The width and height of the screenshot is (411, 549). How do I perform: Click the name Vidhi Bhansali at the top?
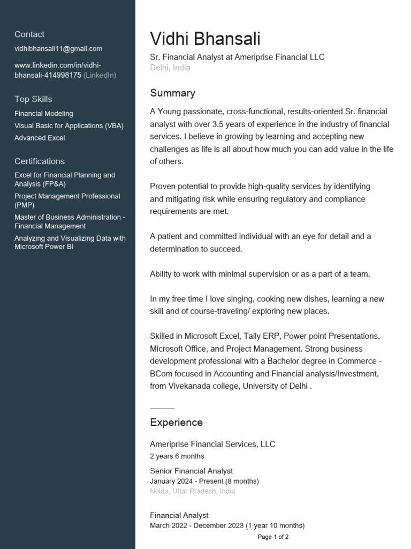pyautogui.click(x=205, y=39)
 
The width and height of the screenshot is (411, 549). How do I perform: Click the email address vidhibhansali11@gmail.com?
pyautogui.click(x=58, y=49)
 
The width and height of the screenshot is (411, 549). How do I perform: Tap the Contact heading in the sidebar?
pyautogui.click(x=29, y=34)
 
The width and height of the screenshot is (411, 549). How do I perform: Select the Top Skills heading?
pyautogui.click(x=33, y=99)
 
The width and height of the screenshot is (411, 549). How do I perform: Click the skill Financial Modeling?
pyautogui.click(x=44, y=114)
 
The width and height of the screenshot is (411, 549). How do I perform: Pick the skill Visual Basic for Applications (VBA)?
pyautogui.click(x=69, y=126)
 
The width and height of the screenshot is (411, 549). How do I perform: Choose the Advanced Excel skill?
pyautogui.click(x=40, y=138)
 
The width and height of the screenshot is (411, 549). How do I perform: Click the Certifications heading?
pyautogui.click(x=40, y=161)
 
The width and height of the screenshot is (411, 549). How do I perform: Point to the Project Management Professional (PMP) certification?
pyautogui.click(x=67, y=201)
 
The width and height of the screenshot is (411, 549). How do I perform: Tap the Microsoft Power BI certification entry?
pyautogui.click(x=70, y=242)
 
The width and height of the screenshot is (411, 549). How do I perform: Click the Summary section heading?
pyautogui.click(x=172, y=93)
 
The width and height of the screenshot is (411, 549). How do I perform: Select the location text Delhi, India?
pyautogui.click(x=170, y=68)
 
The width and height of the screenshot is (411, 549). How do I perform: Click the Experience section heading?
pyautogui.click(x=176, y=422)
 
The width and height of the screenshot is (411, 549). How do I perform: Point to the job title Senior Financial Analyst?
pyautogui.click(x=191, y=471)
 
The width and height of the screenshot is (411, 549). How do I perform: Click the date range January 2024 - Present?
pyautogui.click(x=204, y=481)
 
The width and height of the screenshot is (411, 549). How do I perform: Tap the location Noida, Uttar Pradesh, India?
pyautogui.click(x=192, y=491)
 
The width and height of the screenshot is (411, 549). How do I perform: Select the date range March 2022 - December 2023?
pyautogui.click(x=227, y=525)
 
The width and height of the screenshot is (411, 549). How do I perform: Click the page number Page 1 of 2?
pyautogui.click(x=273, y=537)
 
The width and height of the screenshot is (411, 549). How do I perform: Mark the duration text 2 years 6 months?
pyautogui.click(x=177, y=456)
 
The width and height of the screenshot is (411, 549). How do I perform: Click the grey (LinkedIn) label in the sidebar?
pyautogui.click(x=100, y=76)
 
